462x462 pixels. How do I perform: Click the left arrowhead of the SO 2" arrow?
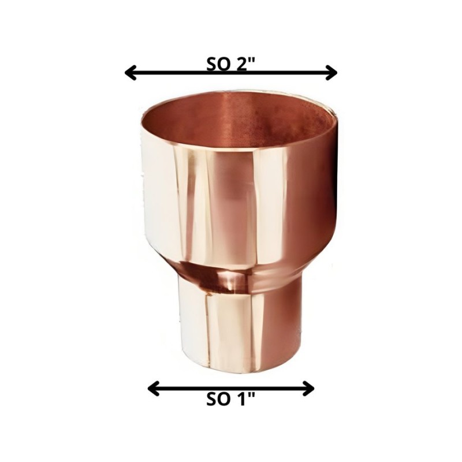[129, 73]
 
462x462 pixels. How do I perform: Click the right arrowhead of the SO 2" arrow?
[331, 73]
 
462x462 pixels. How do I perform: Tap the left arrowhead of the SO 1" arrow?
[153, 389]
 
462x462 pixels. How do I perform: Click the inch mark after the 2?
[251, 61]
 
